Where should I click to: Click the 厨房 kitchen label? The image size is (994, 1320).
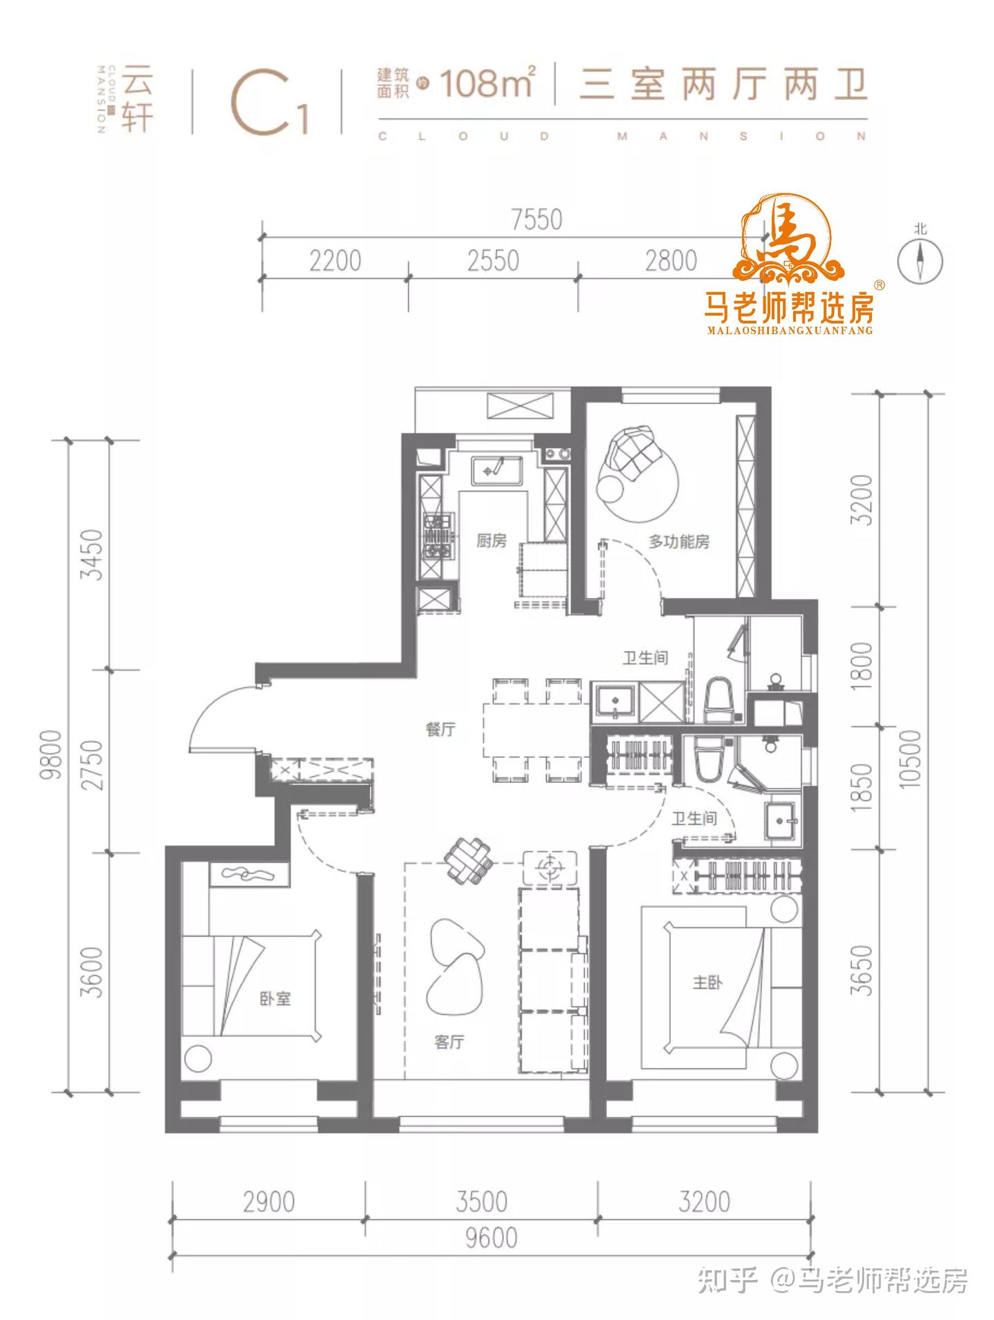tap(491, 541)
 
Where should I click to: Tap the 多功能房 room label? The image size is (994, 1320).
tap(679, 541)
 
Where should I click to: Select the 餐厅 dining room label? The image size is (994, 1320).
tap(440, 729)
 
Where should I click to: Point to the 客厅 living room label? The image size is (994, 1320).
tap(449, 1042)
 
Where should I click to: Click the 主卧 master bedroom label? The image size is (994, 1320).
tap(708, 981)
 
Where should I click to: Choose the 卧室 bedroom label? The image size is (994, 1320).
tap(275, 998)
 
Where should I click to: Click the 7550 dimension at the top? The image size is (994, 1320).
tap(537, 220)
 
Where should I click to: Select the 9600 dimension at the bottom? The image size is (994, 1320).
tap(491, 1238)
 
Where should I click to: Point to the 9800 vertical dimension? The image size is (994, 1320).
tap(52, 755)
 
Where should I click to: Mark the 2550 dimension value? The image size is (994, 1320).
tap(493, 261)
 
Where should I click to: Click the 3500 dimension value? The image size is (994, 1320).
tap(481, 1202)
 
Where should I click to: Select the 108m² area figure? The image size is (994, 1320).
tap(487, 83)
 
